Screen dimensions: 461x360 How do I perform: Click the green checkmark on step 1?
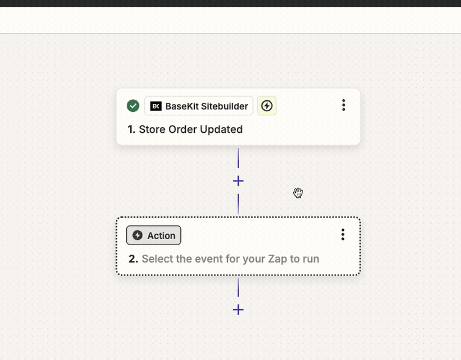pos(133,106)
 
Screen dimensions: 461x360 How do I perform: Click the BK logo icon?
pos(156,106)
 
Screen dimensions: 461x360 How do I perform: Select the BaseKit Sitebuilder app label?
pos(199,106)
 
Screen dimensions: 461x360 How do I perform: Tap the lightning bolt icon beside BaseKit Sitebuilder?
pos(267,106)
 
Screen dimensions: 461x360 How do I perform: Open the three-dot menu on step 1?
pos(343,105)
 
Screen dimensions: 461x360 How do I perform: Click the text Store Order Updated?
pos(191,129)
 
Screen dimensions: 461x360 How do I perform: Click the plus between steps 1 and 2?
pos(238,181)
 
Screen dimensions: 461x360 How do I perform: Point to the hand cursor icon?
pos(298,193)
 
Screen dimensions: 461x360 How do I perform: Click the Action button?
pos(154,235)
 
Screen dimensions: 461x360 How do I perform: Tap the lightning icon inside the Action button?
pos(137,235)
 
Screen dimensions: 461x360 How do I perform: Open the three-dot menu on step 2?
pos(343,234)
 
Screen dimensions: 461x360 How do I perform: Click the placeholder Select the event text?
pos(231,259)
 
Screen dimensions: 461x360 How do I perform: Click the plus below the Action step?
pos(238,310)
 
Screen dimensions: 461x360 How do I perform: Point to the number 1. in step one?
pos(132,129)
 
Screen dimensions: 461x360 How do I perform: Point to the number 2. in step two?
pos(133,259)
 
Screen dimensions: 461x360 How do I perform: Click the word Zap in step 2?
pos(277,259)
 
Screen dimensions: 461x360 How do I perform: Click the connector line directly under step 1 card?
pos(238,158)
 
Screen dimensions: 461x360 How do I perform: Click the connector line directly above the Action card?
pos(238,204)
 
